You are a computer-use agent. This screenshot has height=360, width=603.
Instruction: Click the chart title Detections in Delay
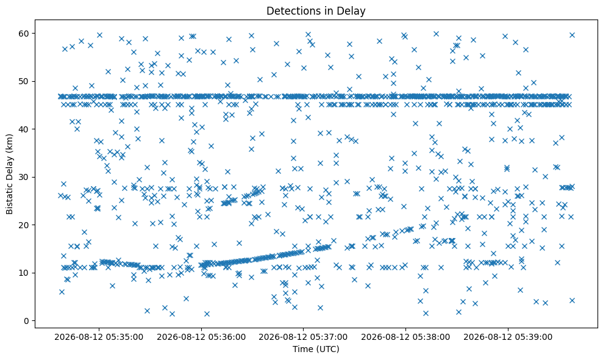pos(316,11)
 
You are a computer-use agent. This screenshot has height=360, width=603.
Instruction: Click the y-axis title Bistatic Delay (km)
pos(9,174)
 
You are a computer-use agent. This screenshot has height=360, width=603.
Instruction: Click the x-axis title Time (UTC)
pos(316,349)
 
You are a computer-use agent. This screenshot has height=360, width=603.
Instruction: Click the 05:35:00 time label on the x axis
pos(99,337)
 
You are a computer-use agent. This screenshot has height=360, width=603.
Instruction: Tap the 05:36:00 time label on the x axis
pos(201,337)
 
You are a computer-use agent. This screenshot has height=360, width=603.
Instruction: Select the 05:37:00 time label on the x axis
pos(303,337)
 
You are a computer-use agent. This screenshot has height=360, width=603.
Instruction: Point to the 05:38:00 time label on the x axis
pos(405,337)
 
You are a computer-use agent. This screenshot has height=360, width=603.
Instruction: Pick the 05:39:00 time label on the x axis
pos(508,337)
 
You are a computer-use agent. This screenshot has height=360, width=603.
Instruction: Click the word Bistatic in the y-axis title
pos(9,199)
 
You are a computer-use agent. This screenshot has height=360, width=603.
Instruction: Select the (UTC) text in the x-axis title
pos(327,350)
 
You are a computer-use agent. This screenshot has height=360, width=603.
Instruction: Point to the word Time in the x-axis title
pos(302,349)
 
